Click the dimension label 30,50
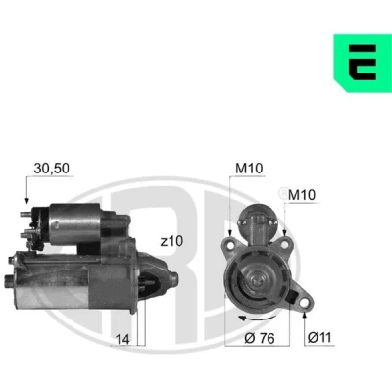point(52,169)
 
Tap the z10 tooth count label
point(171,241)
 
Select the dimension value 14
point(122,340)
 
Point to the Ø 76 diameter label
point(260,339)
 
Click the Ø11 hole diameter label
point(319,337)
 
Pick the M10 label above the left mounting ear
point(249,169)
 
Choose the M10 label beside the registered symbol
point(302,195)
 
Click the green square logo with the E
point(363,63)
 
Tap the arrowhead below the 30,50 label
point(27,201)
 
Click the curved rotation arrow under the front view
point(256,319)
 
